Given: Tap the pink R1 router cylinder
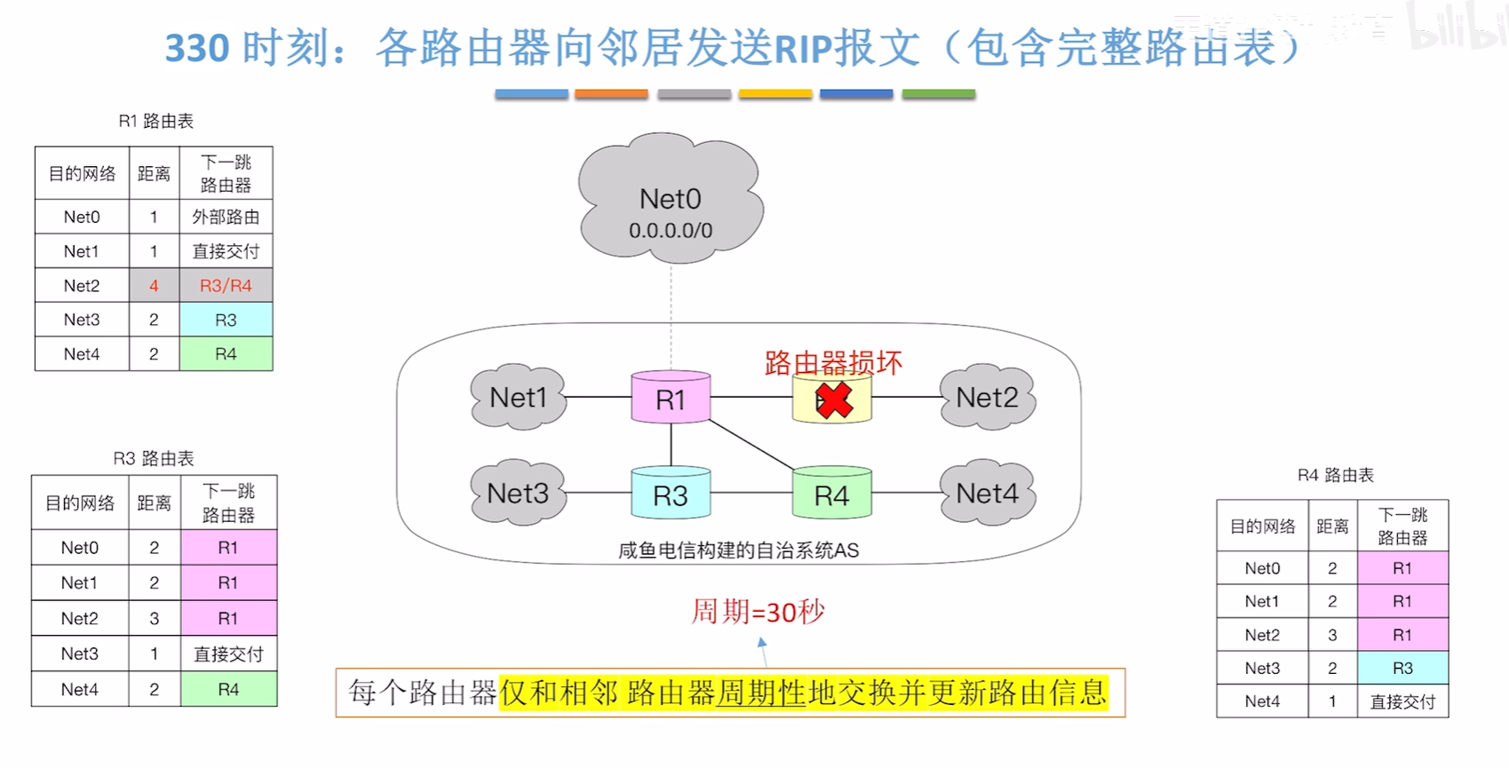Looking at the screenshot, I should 671,399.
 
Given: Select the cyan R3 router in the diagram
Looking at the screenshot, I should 671,494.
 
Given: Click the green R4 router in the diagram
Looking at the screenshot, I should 831,494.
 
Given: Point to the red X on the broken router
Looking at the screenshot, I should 834,400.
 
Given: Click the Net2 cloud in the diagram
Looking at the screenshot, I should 987,398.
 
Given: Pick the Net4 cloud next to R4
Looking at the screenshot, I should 987,494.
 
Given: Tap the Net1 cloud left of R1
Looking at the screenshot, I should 519,398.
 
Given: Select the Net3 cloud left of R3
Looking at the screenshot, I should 518,494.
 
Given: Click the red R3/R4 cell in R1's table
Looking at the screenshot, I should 226,286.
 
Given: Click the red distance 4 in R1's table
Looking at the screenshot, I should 154,286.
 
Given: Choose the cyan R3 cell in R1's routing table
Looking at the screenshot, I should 226,320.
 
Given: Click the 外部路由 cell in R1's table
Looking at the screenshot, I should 226,217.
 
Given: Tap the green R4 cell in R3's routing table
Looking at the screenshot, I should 228,690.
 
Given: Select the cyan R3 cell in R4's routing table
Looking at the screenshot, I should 1402,669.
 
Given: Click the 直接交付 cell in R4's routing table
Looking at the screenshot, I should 1402,701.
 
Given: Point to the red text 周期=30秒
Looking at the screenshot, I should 758,612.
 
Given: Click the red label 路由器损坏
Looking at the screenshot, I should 833,362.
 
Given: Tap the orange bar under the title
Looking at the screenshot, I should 611,93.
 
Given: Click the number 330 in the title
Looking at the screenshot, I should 197,48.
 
